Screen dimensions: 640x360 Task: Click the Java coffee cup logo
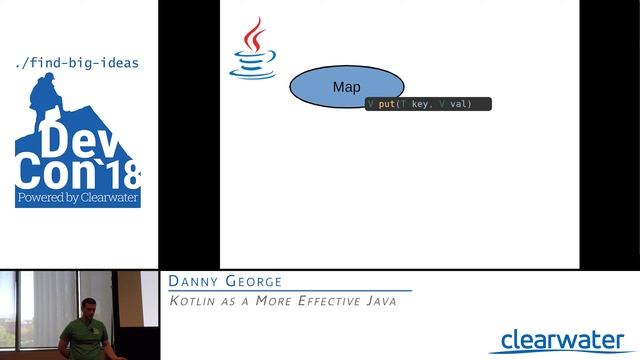[x=252, y=50]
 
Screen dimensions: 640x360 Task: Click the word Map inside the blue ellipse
[x=346, y=88]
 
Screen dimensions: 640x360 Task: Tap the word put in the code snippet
[x=386, y=104]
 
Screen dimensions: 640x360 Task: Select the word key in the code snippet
[x=419, y=104]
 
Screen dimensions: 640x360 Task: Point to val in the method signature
[x=461, y=104]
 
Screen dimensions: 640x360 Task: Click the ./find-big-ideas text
[x=77, y=63]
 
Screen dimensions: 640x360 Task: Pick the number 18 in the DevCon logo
[x=122, y=177]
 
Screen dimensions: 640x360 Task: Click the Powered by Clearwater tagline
[x=77, y=199]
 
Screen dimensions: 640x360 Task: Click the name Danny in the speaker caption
[x=195, y=282]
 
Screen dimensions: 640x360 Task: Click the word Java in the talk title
[x=381, y=300]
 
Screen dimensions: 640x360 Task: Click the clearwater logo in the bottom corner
[x=562, y=340]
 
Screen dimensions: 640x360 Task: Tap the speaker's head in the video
[x=87, y=305]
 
